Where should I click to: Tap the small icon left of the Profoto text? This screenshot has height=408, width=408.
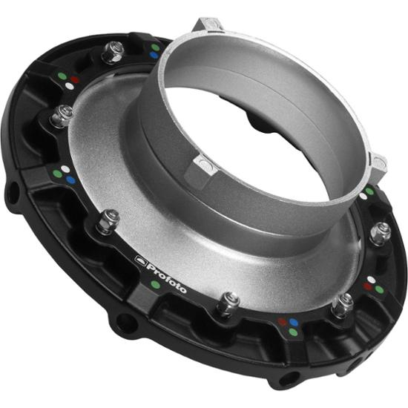[139, 259]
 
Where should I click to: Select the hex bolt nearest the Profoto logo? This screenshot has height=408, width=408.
[108, 220]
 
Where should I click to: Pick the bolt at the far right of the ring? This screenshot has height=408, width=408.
[381, 232]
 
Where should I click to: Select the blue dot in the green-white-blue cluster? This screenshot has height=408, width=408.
[70, 179]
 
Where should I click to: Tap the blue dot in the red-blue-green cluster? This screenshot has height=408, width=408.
[294, 323]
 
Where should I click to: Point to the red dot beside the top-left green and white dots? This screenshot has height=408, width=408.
[76, 77]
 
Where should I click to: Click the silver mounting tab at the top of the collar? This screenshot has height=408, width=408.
[208, 25]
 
